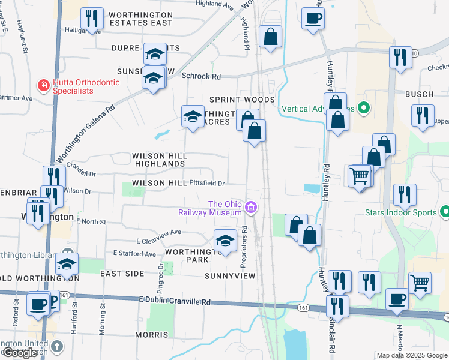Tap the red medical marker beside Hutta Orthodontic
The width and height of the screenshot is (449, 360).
(43, 85)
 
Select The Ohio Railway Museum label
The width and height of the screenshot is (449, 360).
(209, 208)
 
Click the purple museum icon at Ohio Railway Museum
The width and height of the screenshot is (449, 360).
(251, 208)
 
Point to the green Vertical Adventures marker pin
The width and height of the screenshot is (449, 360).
(363, 109)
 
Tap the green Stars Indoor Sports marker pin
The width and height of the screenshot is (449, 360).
(445, 212)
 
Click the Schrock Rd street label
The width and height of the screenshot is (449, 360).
(201, 76)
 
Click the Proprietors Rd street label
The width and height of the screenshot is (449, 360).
(244, 246)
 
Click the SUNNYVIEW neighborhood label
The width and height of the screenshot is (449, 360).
(230, 276)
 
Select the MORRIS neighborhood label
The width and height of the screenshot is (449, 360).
(151, 334)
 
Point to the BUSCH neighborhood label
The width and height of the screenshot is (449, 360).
(419, 94)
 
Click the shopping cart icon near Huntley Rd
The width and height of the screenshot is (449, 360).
(359, 176)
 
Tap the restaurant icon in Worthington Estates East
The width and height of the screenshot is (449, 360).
(92, 18)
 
